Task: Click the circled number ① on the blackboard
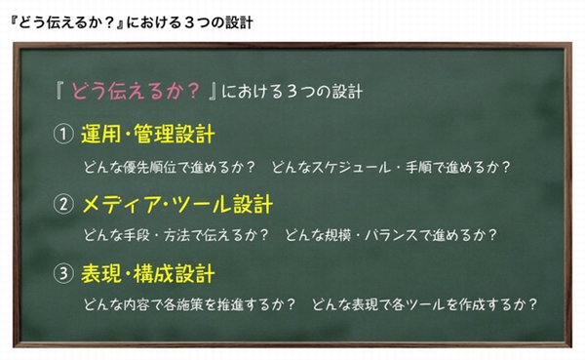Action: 64,133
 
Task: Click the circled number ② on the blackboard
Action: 64,206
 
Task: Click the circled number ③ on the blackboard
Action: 64,274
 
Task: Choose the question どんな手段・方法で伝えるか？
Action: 175,235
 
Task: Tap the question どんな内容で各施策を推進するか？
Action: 189,304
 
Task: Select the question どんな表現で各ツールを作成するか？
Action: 425,304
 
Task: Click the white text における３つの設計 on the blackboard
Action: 292,93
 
